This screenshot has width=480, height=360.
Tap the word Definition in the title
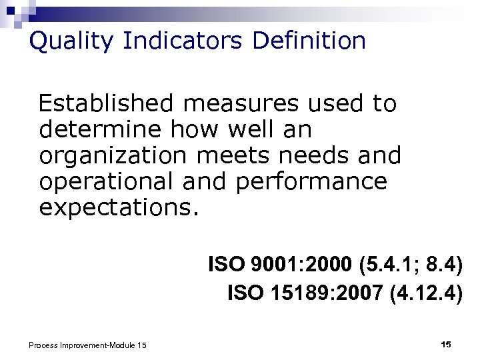(309, 41)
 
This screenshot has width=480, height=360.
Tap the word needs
(313, 155)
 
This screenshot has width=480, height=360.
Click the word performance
(311, 181)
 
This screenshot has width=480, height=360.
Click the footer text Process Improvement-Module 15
(87, 345)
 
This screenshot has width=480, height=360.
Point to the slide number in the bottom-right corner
(446, 344)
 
